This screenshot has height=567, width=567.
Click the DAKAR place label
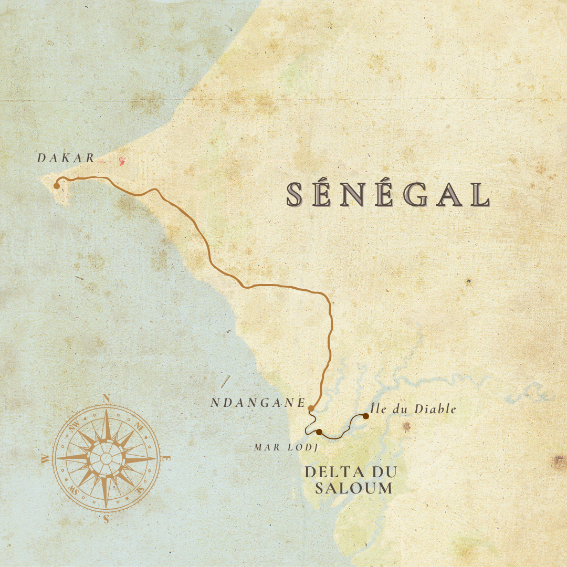pos(66,158)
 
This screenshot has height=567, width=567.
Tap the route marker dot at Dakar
pos(57,186)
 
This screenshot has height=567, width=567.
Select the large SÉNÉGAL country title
pos(388,195)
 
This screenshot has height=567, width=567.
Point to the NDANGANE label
pos(258,403)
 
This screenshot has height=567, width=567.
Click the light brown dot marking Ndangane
pos(311,408)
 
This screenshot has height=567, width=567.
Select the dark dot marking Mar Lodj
pos(319,432)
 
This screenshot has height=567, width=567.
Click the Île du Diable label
pos(413,409)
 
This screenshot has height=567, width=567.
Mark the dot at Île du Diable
pos(365,416)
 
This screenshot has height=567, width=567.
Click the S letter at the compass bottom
pos(106,519)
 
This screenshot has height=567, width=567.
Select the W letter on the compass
pos(45,459)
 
